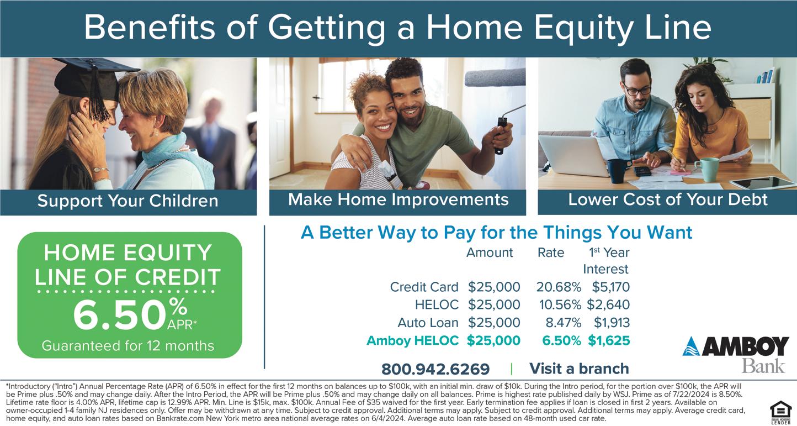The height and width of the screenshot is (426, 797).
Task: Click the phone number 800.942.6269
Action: point(435,369)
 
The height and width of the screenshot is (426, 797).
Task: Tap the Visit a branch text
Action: point(579,369)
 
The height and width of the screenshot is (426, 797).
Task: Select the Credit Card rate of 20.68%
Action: point(559,287)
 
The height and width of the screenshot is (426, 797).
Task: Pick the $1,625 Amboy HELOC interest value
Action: point(609,340)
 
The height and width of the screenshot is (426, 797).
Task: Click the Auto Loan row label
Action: point(428,323)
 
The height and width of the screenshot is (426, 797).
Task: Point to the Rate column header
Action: point(551,253)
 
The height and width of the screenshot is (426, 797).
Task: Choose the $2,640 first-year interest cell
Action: point(608,304)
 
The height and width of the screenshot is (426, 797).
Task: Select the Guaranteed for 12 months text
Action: point(128,346)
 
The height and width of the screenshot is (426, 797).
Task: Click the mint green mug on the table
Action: point(707,170)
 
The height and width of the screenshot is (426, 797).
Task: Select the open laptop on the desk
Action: point(573,155)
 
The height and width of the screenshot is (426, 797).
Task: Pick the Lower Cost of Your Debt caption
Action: point(667,199)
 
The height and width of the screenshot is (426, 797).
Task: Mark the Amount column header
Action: point(490,253)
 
